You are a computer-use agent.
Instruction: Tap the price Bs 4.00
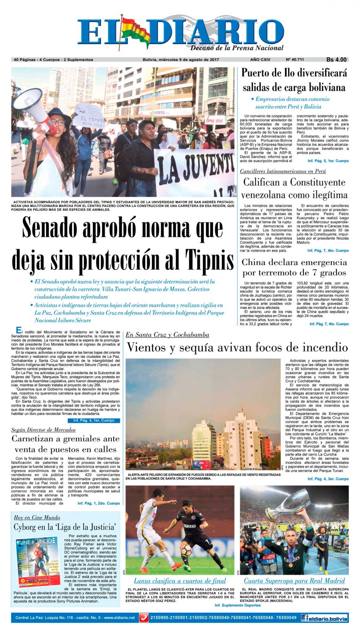pyautogui.click(x=336, y=60)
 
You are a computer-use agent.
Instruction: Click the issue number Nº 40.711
pyautogui.click(x=295, y=60)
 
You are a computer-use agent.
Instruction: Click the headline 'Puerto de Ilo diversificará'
pyautogui.click(x=294, y=74)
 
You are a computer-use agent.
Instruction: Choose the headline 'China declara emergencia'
pyautogui.click(x=294, y=262)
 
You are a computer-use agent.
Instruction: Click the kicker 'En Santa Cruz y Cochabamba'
pyautogui.click(x=167, y=335)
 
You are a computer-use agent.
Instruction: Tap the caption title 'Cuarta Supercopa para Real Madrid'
pyautogui.click(x=294, y=581)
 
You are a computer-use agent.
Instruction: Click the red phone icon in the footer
pyautogui.click(x=144, y=618)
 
